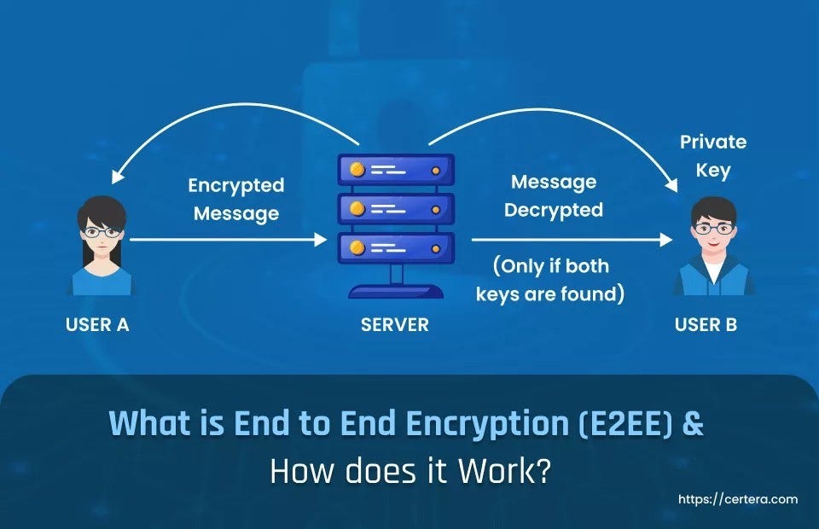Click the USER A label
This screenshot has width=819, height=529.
tap(97, 325)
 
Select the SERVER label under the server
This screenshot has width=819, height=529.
tap(395, 325)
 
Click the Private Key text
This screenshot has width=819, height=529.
tap(713, 156)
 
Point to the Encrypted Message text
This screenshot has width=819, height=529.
tap(236, 200)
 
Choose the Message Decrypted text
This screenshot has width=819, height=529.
tap(554, 196)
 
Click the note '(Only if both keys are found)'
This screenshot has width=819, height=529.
tap(551, 280)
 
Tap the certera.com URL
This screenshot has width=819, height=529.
tap(738, 499)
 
